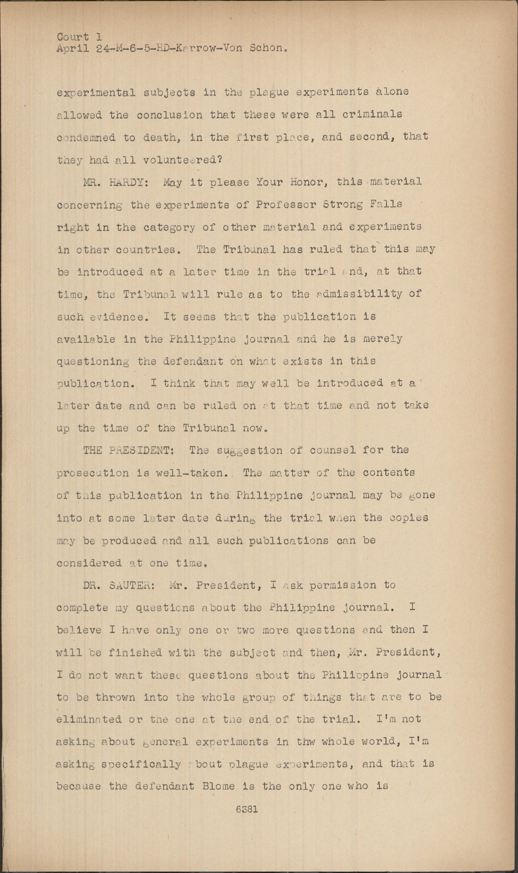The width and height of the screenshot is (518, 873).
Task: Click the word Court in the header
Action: point(73,37)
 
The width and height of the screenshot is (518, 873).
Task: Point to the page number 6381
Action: point(247,810)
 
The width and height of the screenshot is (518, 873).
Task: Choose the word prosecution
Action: point(93,473)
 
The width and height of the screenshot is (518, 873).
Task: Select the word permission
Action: point(342,585)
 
